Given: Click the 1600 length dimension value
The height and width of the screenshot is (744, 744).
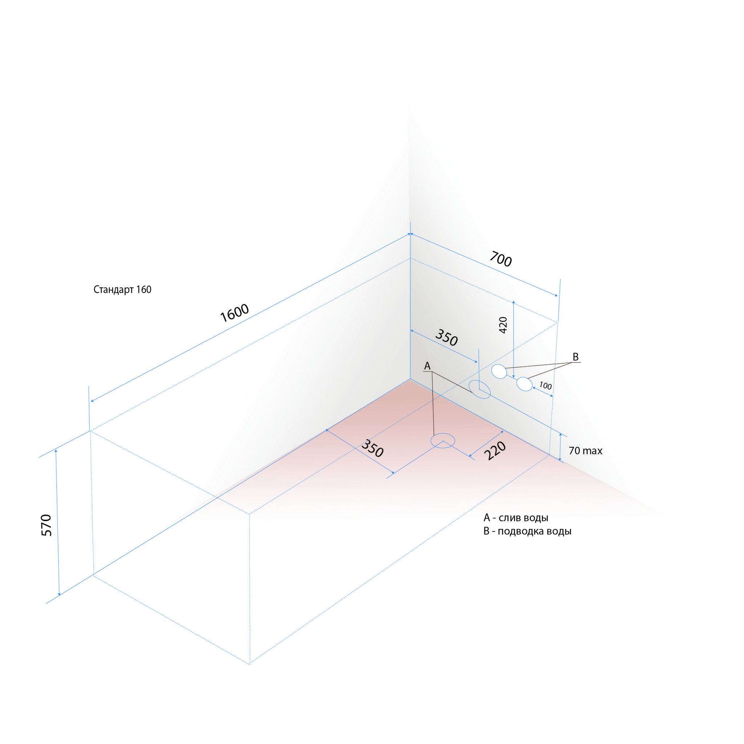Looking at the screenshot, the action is tap(235, 313).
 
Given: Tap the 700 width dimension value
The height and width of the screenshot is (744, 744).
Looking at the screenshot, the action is tap(501, 259).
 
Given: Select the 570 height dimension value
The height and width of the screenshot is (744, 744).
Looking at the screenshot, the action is tap(46, 525).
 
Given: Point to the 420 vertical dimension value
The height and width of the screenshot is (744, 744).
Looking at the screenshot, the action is tap(503, 325).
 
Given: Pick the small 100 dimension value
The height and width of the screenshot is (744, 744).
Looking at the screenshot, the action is tap(545, 385).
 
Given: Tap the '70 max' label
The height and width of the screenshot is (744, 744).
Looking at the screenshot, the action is tap(585, 450).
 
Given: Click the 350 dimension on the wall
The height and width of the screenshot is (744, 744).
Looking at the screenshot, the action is tap(446, 338).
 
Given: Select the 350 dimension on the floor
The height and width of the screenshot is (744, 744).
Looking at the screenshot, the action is tap(372, 449).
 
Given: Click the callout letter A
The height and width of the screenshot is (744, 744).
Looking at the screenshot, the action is tap(427, 366).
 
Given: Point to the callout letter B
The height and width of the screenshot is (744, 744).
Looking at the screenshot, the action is tap(576, 357).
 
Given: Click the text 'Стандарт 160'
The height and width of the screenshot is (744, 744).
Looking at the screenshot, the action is tap(122, 290).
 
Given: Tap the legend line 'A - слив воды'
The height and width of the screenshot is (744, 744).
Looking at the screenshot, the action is tap(515, 518).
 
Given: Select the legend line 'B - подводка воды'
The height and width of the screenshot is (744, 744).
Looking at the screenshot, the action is tap(527, 531).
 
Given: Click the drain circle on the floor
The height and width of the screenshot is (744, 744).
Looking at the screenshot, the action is tap(443, 441).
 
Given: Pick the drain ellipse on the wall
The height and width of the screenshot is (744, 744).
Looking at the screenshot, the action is tap(480, 389).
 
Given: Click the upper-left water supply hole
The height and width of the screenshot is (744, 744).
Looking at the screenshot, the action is tap(499, 371).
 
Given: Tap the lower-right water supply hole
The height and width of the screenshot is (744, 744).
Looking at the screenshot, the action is tap(525, 384).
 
